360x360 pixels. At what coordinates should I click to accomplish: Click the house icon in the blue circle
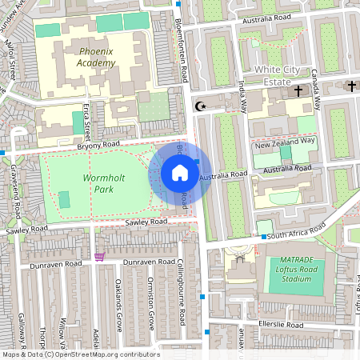pos(180,172)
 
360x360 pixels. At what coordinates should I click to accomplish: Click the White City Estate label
pos(284,75)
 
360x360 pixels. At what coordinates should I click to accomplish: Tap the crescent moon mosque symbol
pos(200,105)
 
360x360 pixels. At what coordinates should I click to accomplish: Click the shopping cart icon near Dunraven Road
pos(100,257)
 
